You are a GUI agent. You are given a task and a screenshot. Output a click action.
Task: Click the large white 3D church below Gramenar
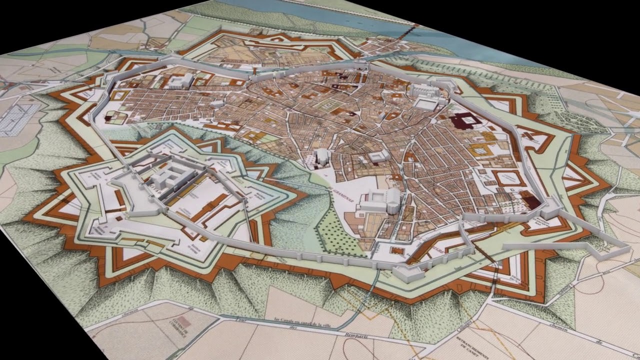[380, 200]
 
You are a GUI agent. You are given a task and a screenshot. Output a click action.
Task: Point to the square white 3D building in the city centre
[378, 156]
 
